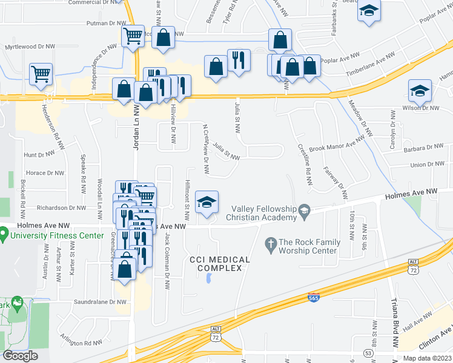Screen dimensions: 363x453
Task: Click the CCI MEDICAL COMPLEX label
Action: pyautogui.click(x=220, y=264)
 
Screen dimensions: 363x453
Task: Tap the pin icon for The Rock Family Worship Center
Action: pyautogui.click(x=271, y=246)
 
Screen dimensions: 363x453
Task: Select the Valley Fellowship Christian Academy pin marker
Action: pyautogui.click(x=304, y=210)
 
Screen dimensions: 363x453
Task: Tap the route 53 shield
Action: pyautogui.click(x=368, y=352)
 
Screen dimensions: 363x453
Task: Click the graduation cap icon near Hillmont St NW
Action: pyautogui.click(x=207, y=203)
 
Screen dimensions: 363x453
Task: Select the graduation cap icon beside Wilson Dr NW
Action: pyautogui.click(x=420, y=91)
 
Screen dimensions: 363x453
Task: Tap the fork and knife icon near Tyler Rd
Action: pyautogui.click(x=239, y=60)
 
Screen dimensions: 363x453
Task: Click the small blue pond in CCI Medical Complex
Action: pyautogui.click(x=209, y=278)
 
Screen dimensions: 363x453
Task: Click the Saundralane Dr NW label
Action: pyautogui.click(x=82, y=301)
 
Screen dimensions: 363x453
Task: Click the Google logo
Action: pyautogui.click(x=20, y=356)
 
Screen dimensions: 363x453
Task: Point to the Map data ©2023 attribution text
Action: pyautogui.click(x=428, y=358)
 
